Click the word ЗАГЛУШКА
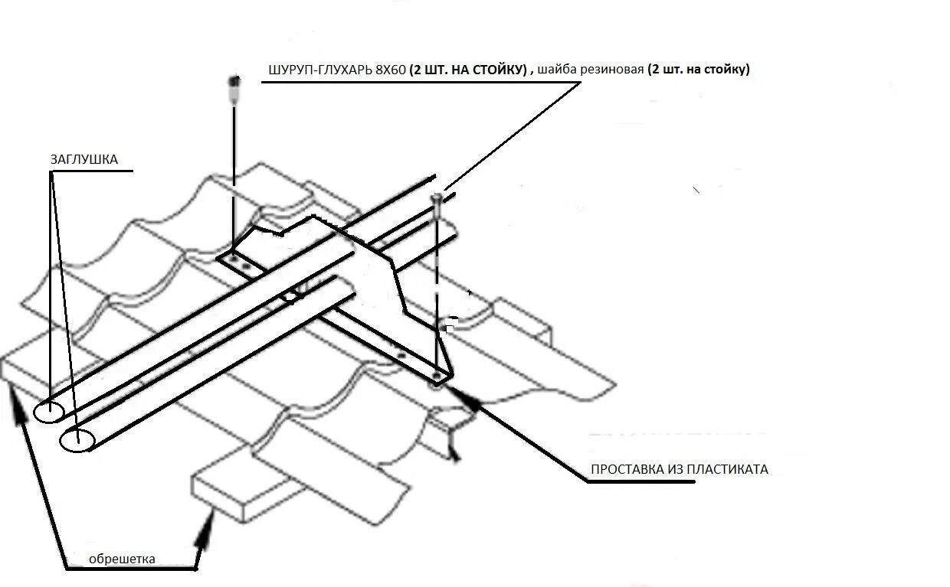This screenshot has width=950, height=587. tap(84, 160)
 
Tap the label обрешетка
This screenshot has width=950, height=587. tap(122, 559)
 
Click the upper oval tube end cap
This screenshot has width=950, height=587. tap(48, 412)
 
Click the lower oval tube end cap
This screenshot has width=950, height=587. tap(77, 440)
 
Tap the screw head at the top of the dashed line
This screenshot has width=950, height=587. tap(437, 198)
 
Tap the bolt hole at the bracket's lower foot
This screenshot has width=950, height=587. tap(437, 377)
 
